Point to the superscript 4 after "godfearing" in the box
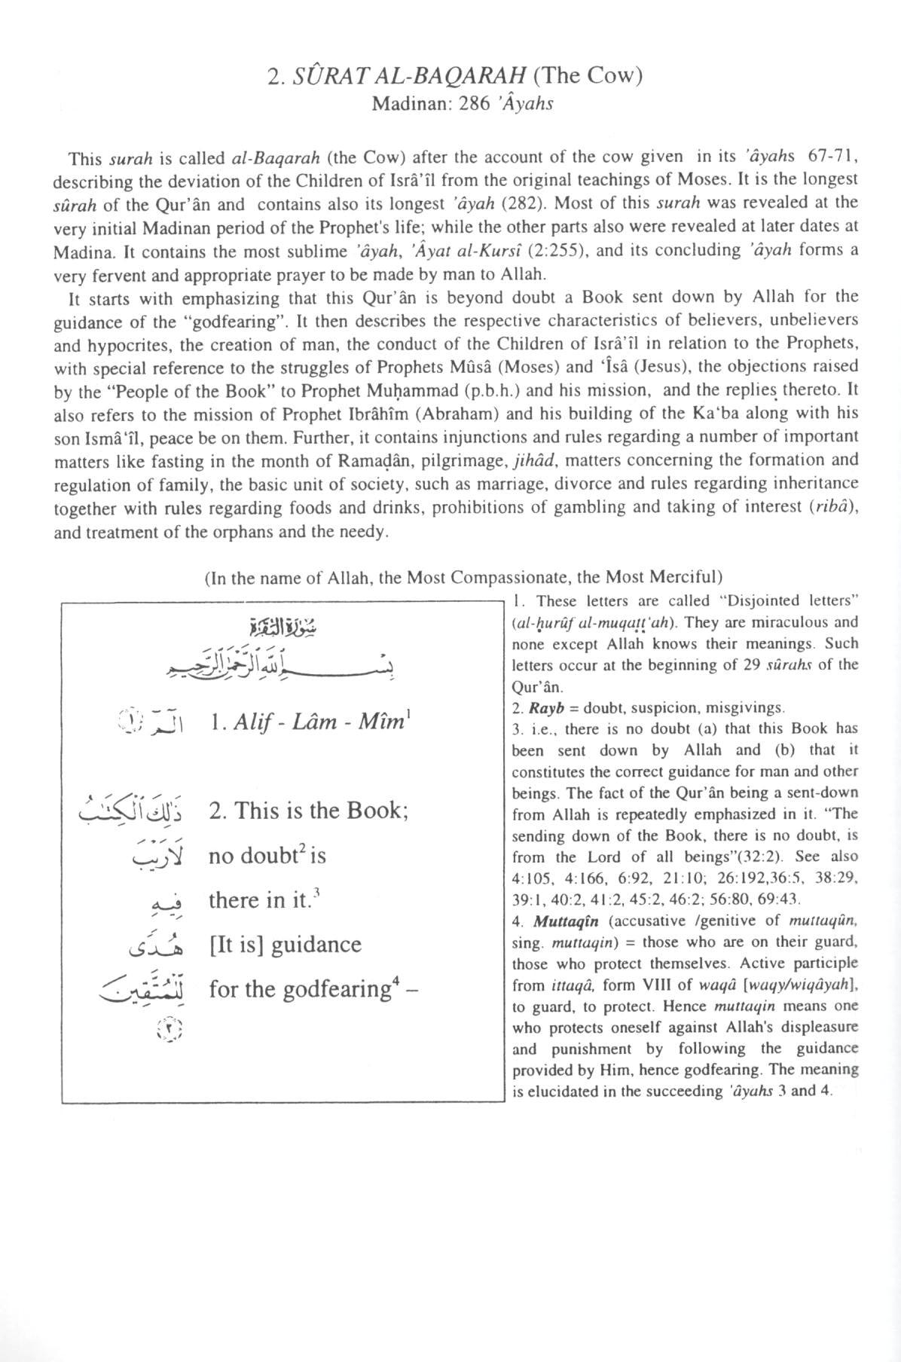[395, 982]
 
